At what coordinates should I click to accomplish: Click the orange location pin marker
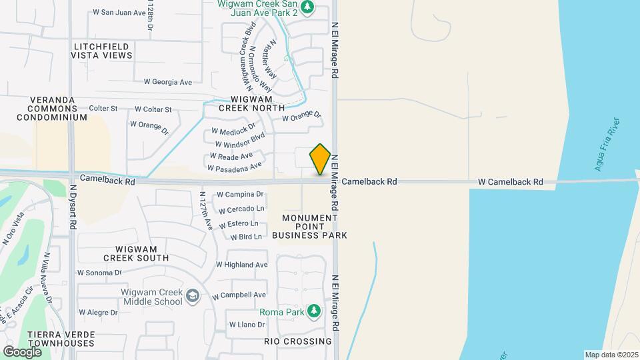coord(320,159)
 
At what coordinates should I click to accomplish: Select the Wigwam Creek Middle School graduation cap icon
coord(192,296)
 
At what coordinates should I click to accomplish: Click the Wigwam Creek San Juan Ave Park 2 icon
coord(307,7)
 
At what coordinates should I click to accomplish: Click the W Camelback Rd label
coord(510,181)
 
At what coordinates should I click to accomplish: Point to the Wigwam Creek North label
coord(253,103)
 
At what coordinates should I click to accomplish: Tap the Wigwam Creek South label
coord(136,253)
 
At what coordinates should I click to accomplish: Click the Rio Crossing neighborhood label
coord(297,341)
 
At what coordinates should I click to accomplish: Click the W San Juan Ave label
coord(119,12)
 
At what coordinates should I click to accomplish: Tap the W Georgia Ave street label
coord(167,82)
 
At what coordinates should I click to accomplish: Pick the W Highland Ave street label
coord(241,265)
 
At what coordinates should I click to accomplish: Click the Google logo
coord(22,351)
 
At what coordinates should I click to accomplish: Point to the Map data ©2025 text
coord(611,355)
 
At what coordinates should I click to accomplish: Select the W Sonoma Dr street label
coord(99,273)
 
